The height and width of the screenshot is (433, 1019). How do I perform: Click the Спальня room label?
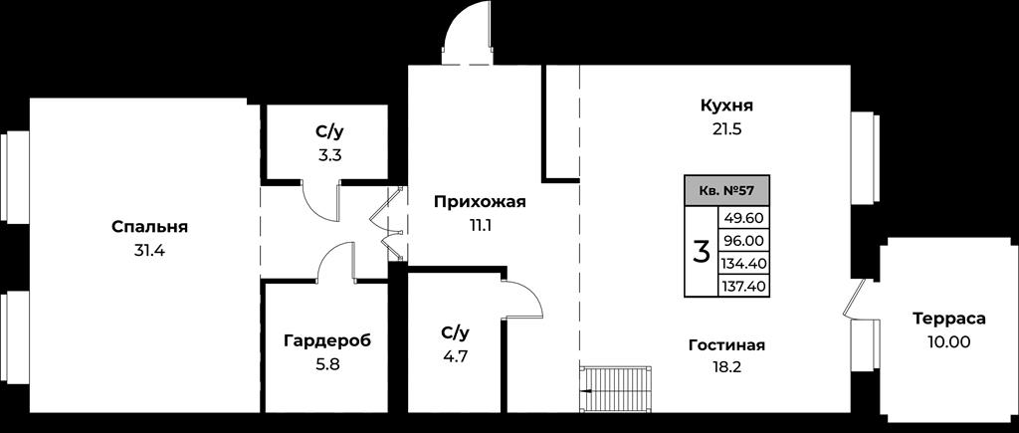pyautogui.click(x=149, y=228)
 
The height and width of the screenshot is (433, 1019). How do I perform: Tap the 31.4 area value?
pyautogui.click(x=149, y=250)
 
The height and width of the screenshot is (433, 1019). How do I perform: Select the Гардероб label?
pyautogui.click(x=327, y=340)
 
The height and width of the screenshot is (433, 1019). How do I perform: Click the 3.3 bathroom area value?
pyautogui.click(x=328, y=155)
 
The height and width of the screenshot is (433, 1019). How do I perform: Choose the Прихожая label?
pyautogui.click(x=480, y=203)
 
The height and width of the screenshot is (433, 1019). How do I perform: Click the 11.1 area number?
pyautogui.click(x=480, y=226)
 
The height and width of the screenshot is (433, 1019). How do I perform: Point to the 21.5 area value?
pyautogui.click(x=726, y=128)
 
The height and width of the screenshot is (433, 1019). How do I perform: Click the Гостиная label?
pyautogui.click(x=726, y=345)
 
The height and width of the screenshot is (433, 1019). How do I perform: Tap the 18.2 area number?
pyautogui.click(x=726, y=367)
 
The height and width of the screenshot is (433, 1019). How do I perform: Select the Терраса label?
pyautogui.click(x=948, y=320)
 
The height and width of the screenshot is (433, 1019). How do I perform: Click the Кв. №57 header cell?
pyautogui.click(x=726, y=191)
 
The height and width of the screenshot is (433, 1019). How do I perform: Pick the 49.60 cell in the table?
pyautogui.click(x=743, y=218)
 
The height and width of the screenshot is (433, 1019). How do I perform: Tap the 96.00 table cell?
pyautogui.click(x=743, y=241)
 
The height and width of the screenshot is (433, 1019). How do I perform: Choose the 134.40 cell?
pyautogui.click(x=743, y=264)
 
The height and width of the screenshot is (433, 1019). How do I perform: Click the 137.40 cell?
pyautogui.click(x=743, y=286)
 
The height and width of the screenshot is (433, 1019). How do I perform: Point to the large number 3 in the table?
pyautogui.click(x=701, y=252)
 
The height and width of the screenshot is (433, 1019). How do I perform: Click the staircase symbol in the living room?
pyautogui.click(x=615, y=389)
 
